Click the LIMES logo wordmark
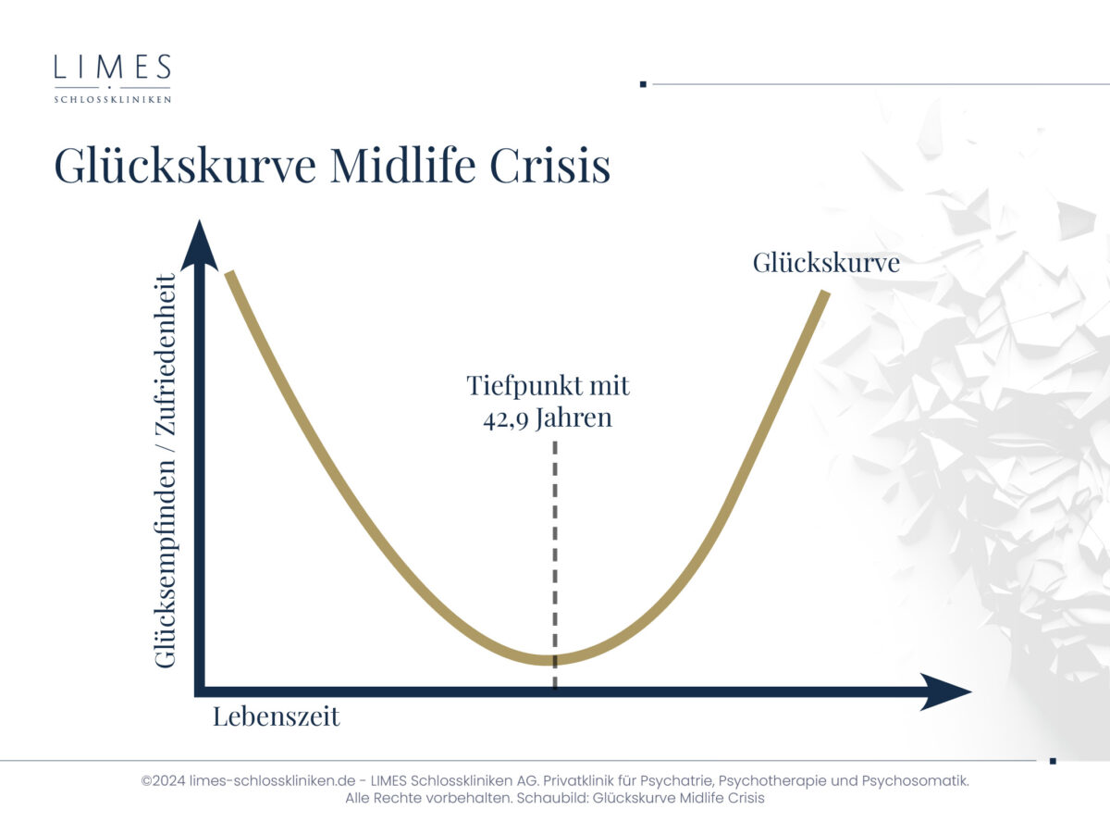pos(113,67)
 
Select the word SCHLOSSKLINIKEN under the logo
pos(113,100)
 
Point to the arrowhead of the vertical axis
pos(199,244)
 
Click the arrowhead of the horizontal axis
pos(945,691)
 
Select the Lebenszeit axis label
pos(277,716)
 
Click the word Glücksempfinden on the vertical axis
pos(166,557)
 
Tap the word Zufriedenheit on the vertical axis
pos(166,355)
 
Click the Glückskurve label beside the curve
pos(826,263)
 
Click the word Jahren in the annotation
pos(573,418)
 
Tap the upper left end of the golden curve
pos(229,272)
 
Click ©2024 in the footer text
pos(163,780)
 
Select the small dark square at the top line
pos(643,84)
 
